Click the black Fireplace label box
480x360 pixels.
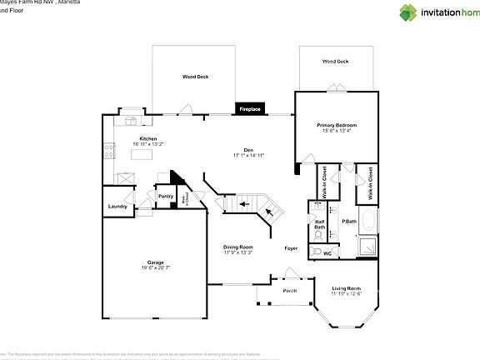click(251, 109)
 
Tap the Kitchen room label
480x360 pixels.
click(148, 138)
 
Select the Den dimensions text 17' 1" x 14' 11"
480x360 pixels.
click(248, 154)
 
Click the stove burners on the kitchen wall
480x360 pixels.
click(107, 151)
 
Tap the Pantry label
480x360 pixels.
click(165, 197)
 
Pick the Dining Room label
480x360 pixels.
click(237, 247)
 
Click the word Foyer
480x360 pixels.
click(291, 247)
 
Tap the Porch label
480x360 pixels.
click(290, 290)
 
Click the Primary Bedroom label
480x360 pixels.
click(335, 126)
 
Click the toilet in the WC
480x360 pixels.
click(317, 251)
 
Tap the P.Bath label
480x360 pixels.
click(348, 221)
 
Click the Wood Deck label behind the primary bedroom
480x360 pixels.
click(335, 61)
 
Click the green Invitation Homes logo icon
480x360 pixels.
click(408, 12)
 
